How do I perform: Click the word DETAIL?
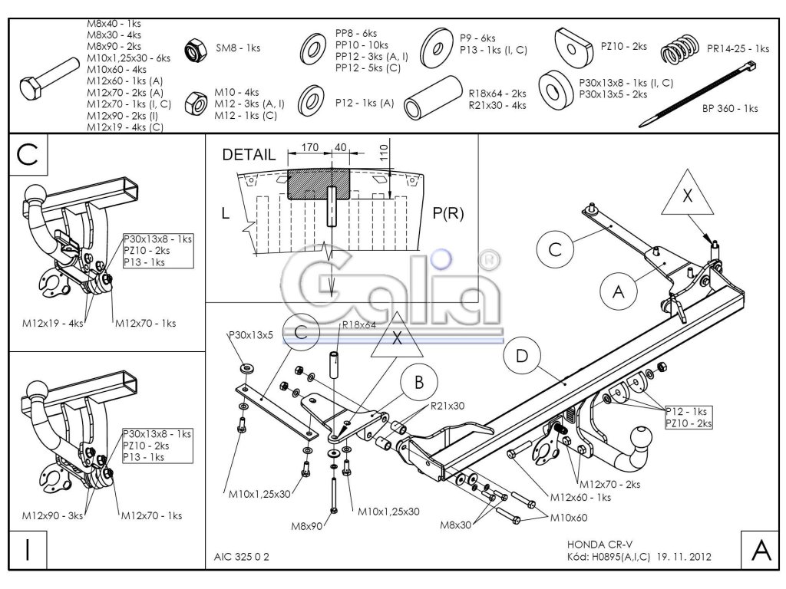[249, 155]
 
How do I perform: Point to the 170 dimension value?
[310, 147]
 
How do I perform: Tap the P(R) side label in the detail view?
[449, 214]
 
